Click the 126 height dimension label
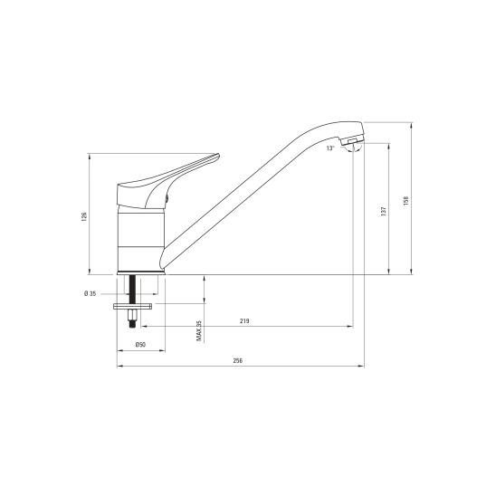click(84, 216)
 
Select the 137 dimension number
click(384, 211)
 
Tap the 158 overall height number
click(405, 201)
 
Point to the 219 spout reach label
click(244, 321)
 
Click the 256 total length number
click(237, 360)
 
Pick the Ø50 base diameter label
click(140, 345)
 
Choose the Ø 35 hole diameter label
click(90, 294)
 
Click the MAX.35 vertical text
click(199, 331)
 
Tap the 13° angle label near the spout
click(330, 148)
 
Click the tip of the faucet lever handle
click(218, 155)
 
